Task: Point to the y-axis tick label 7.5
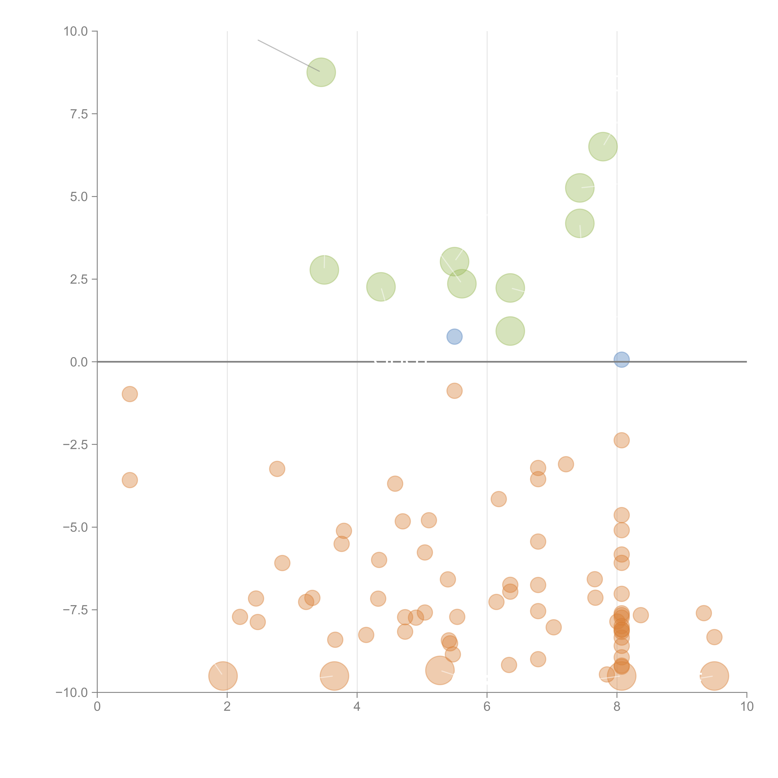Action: (79, 114)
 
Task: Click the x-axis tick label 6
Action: (487, 707)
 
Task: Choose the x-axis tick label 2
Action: (227, 707)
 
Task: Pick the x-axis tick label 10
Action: (747, 707)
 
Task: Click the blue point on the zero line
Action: (621, 360)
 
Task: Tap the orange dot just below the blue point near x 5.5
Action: (454, 391)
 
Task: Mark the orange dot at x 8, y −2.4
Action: (621, 440)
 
